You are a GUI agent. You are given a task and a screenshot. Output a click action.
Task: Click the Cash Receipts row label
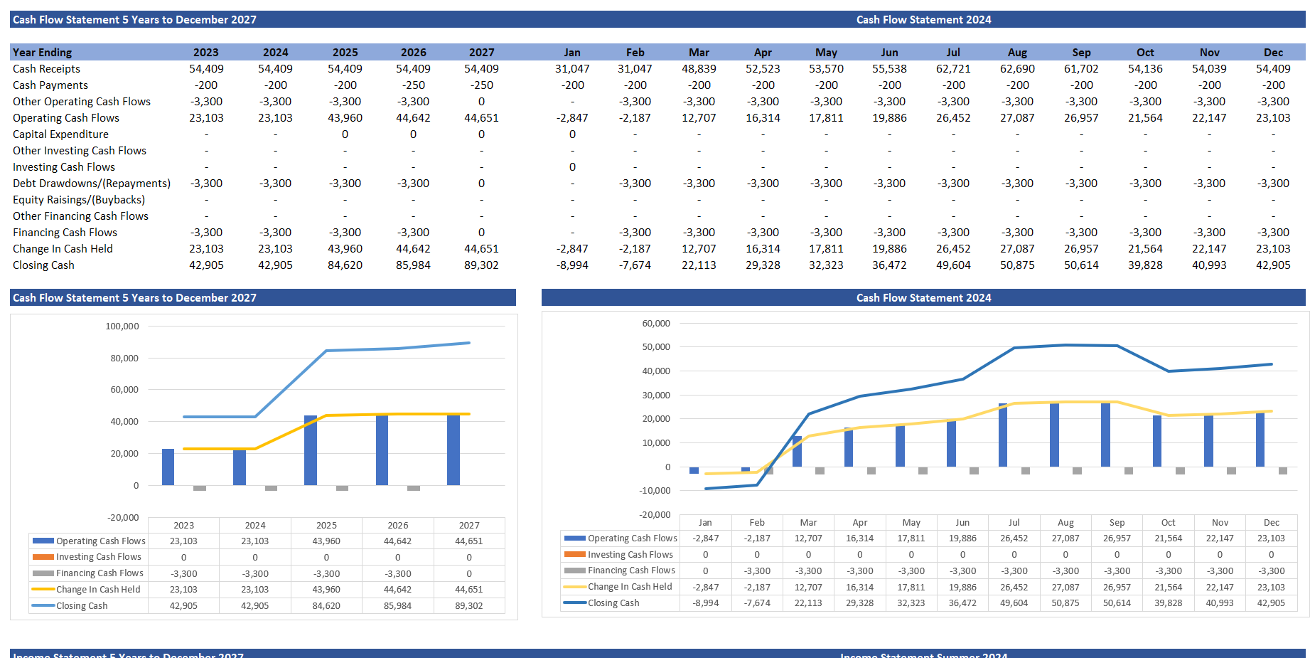46,69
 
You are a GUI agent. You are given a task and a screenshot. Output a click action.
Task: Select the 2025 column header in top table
345,53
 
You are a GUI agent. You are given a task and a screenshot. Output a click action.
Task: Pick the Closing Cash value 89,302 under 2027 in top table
481,265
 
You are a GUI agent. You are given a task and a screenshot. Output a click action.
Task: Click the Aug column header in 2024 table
1017,53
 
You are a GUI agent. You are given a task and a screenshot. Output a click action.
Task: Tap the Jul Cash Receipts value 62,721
953,69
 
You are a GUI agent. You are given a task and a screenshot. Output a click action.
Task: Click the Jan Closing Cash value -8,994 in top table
572,265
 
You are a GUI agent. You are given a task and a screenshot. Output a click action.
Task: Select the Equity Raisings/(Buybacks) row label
78,200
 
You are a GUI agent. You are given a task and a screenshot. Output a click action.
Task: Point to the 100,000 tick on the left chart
122,327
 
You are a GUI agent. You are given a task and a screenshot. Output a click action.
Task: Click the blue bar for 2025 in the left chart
311,450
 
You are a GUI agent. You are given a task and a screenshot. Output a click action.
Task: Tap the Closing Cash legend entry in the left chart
82,606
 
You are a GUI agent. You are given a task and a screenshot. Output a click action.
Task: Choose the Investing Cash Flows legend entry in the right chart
630,555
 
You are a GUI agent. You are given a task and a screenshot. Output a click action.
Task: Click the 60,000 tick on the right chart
656,324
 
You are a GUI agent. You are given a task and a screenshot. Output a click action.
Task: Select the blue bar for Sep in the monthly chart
1105,434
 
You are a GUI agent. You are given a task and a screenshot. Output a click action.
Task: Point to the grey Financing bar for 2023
200,488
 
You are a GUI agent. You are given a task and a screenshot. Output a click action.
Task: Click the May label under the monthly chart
911,523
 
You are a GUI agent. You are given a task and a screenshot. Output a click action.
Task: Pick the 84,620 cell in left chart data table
326,606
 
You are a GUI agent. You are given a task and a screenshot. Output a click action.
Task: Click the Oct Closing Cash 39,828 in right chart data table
1168,603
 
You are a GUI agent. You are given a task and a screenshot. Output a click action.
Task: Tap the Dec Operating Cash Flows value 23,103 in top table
1273,118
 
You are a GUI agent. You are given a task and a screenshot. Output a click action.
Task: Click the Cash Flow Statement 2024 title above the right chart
923,298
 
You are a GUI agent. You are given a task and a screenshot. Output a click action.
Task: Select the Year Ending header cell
42,53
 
